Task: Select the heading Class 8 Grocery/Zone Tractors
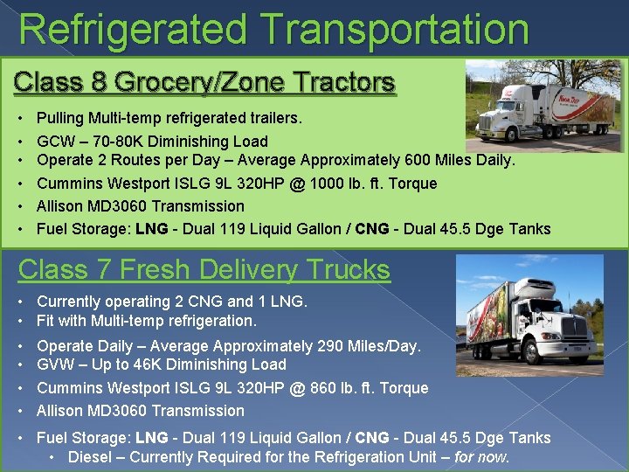pyautogui.click(x=204, y=83)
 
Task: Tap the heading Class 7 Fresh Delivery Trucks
pyautogui.click(x=204, y=269)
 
